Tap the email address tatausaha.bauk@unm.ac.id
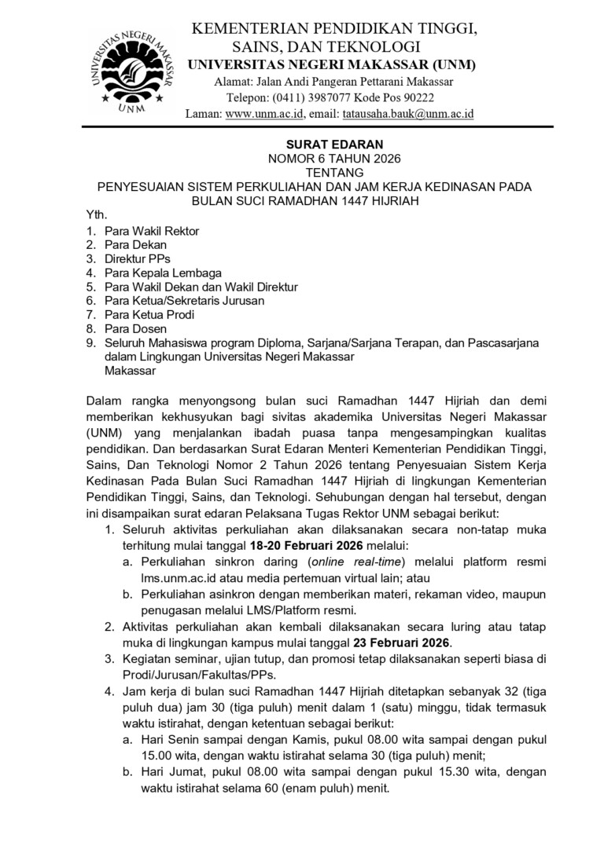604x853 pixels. pos(407,113)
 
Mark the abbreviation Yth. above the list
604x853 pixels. pos(96,214)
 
